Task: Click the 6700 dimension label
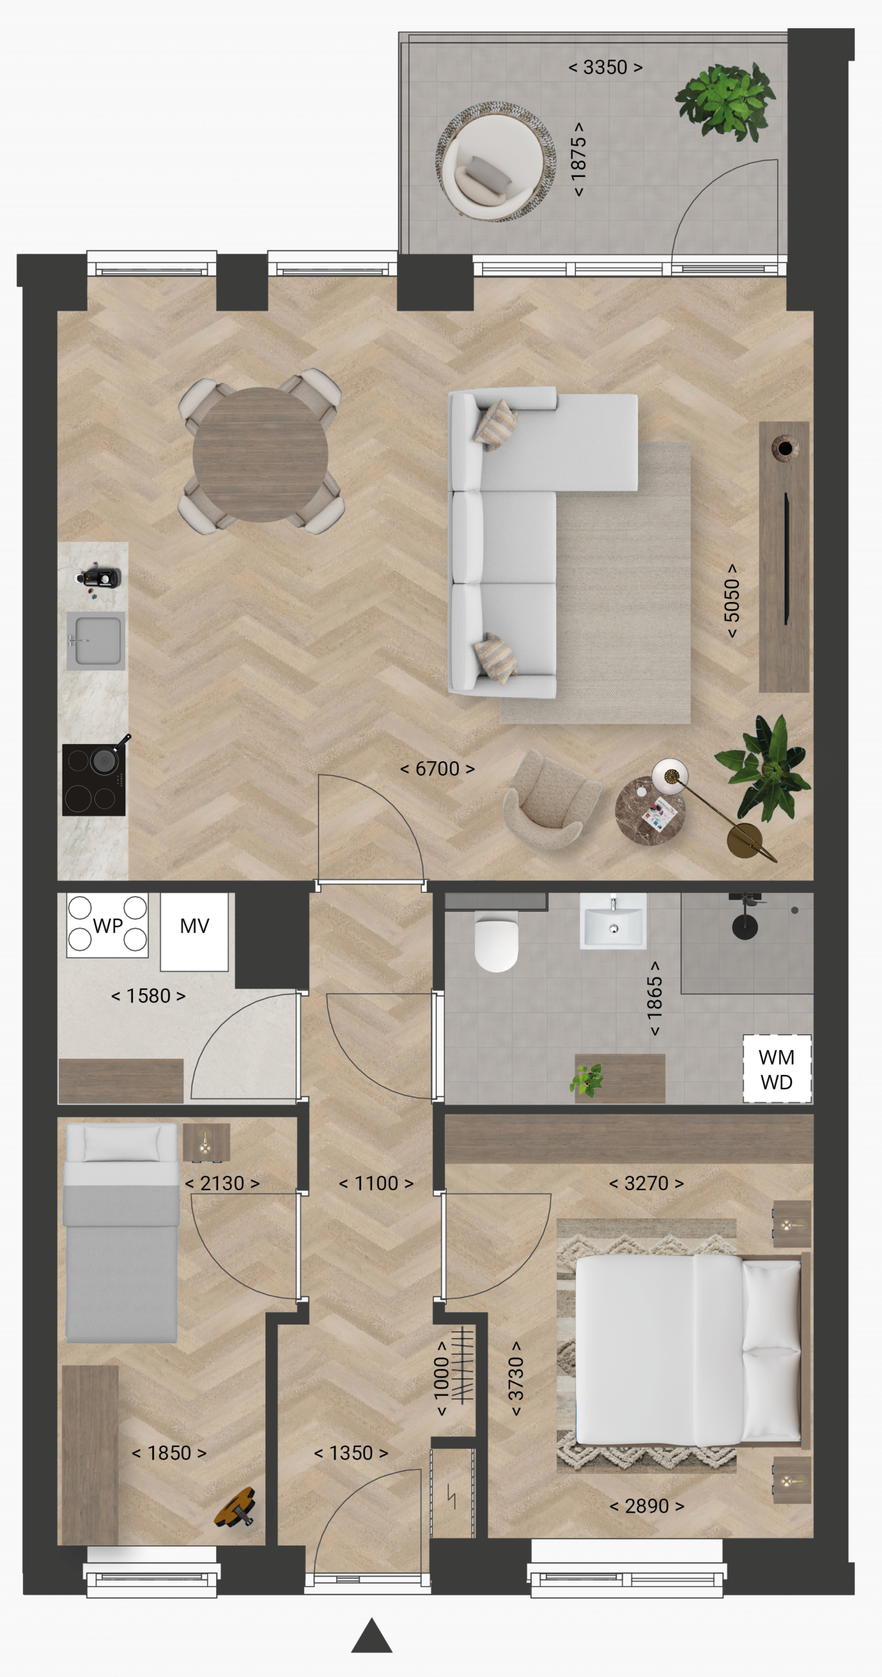(x=437, y=768)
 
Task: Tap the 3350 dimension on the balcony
(x=605, y=67)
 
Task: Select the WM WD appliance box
(x=777, y=1069)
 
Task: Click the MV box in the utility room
(x=195, y=932)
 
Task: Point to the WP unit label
(x=107, y=926)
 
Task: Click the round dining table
(x=260, y=454)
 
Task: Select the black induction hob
(x=94, y=780)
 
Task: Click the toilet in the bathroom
(x=497, y=943)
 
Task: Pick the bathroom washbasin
(x=613, y=921)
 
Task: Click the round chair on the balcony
(x=491, y=162)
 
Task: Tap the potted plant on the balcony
(x=725, y=102)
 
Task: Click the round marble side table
(x=650, y=811)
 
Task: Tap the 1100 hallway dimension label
(x=376, y=1183)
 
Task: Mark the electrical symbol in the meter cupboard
(x=451, y=1496)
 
